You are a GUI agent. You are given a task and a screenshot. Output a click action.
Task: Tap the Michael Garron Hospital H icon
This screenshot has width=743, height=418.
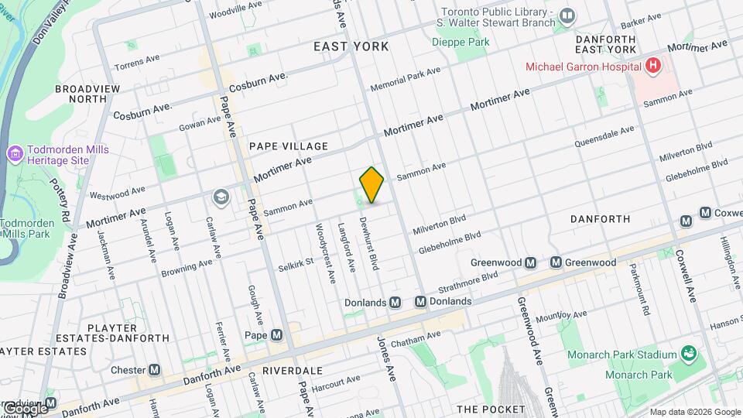tap(653, 66)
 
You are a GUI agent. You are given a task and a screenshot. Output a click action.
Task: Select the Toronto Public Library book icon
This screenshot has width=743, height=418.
tap(567, 15)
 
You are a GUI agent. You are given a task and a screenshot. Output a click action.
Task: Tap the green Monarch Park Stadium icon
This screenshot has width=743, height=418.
tap(688, 355)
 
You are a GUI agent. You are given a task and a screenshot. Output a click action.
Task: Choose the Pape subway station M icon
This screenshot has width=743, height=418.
tap(276, 335)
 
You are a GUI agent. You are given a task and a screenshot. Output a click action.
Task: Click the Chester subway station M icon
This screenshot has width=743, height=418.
tap(155, 370)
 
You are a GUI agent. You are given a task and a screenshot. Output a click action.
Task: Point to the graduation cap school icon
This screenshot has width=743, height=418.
tap(221, 198)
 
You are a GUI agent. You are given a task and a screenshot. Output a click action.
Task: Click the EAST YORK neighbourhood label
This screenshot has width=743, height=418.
tap(351, 47)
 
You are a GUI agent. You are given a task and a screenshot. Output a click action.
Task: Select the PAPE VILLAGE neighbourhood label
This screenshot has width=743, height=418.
tap(289, 146)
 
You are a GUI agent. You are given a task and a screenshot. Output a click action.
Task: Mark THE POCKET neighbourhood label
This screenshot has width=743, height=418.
tap(491, 409)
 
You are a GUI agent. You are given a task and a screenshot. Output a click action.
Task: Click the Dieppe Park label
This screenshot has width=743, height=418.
tap(461, 41)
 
